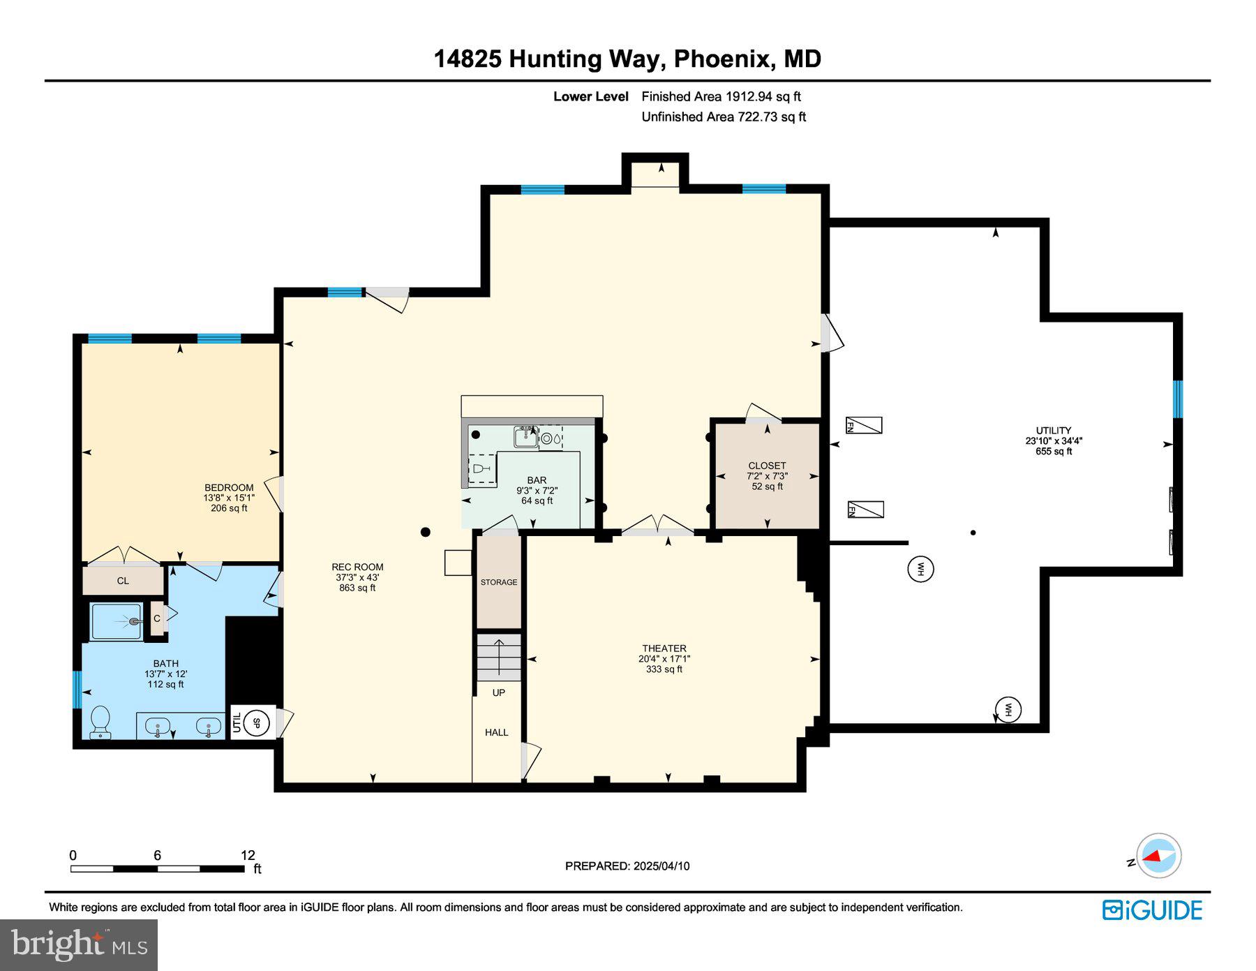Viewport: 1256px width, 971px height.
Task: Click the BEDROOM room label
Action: click(x=229, y=488)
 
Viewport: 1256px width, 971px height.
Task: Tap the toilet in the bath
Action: click(x=100, y=721)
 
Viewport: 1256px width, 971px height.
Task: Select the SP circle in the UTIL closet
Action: click(x=256, y=723)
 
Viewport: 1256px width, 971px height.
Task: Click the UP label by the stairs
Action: click(x=498, y=692)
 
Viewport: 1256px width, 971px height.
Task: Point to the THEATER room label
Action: click(x=664, y=648)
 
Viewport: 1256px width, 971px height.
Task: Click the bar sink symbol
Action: click(x=525, y=437)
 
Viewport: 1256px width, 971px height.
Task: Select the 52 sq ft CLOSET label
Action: click(x=767, y=475)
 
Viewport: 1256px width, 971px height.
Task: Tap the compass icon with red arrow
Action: click(x=1158, y=855)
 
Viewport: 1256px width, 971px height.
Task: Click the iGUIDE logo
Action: click(x=1152, y=910)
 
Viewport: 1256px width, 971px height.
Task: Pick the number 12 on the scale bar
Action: click(x=248, y=855)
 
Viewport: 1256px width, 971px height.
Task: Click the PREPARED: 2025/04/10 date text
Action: click(x=627, y=866)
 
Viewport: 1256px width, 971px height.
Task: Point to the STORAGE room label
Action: click(x=498, y=582)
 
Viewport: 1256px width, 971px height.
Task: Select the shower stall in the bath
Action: click(x=117, y=621)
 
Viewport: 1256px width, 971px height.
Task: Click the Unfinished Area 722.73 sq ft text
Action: click(x=723, y=117)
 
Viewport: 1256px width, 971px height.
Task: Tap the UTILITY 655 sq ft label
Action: click(x=1053, y=440)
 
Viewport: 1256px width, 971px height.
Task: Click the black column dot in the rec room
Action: click(x=426, y=533)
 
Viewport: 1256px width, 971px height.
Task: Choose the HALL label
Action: click(x=496, y=732)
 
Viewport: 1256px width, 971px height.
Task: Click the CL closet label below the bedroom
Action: click(x=123, y=581)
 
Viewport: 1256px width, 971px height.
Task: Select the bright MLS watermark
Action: click(x=79, y=945)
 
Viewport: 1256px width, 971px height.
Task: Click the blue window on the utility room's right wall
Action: click(x=1178, y=399)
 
